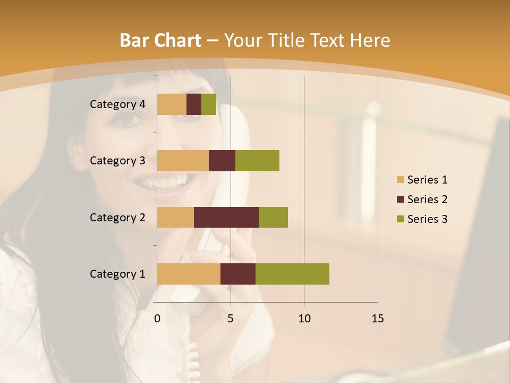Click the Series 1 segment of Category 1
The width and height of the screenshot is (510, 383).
click(x=189, y=274)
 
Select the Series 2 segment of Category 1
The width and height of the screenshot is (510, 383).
click(x=238, y=274)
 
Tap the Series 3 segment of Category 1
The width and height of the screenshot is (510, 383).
click(x=292, y=274)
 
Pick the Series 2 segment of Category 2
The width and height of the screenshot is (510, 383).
click(x=226, y=217)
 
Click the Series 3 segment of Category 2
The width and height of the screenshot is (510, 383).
click(x=273, y=217)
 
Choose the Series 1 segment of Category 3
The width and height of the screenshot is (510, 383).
click(x=183, y=161)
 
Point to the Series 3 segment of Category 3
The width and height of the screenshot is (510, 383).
click(x=257, y=161)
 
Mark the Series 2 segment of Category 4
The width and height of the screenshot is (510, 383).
click(x=194, y=104)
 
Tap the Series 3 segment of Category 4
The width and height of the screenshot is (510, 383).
click(x=209, y=104)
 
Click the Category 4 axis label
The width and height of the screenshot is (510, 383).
click(x=117, y=104)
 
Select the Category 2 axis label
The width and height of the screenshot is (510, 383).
click(x=117, y=217)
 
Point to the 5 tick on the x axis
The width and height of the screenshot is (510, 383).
click(x=231, y=319)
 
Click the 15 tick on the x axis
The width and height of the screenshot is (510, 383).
click(x=377, y=319)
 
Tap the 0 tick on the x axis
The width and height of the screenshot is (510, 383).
click(x=157, y=319)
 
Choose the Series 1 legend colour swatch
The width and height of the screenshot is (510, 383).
click(x=400, y=180)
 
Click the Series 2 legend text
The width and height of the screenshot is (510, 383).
click(x=427, y=199)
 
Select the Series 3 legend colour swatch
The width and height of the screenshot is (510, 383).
click(x=400, y=219)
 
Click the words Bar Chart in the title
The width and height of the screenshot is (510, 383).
click(x=160, y=40)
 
